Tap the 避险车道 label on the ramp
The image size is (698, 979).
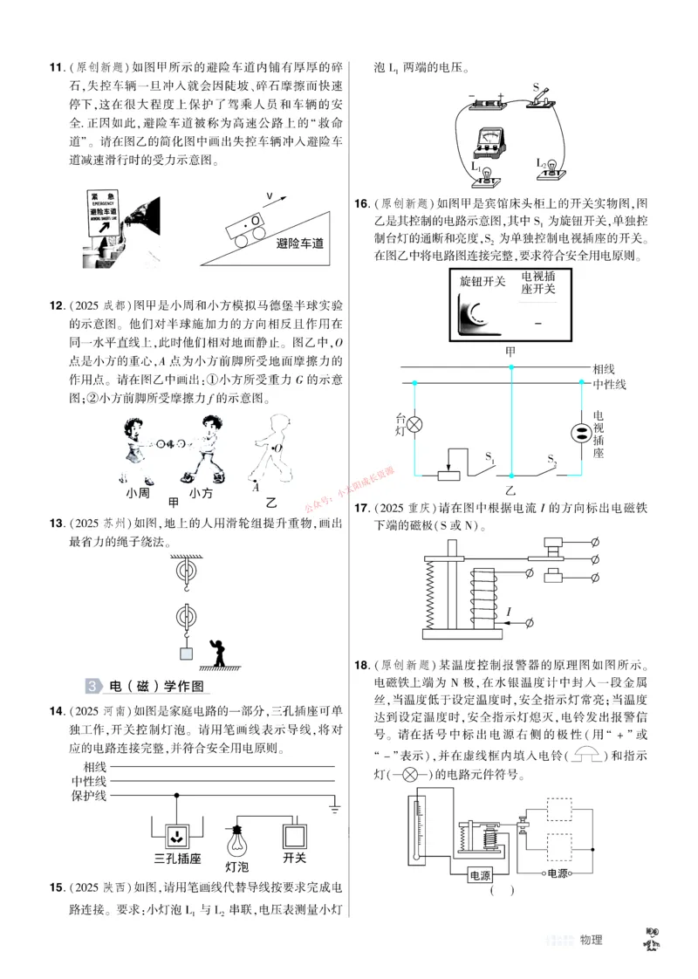tap(300, 245)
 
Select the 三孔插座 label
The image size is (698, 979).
tap(178, 833)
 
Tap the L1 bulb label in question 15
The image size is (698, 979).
tap(476, 164)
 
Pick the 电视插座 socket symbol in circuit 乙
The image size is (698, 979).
tap(580, 433)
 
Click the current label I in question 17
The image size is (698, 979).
tap(507, 613)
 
